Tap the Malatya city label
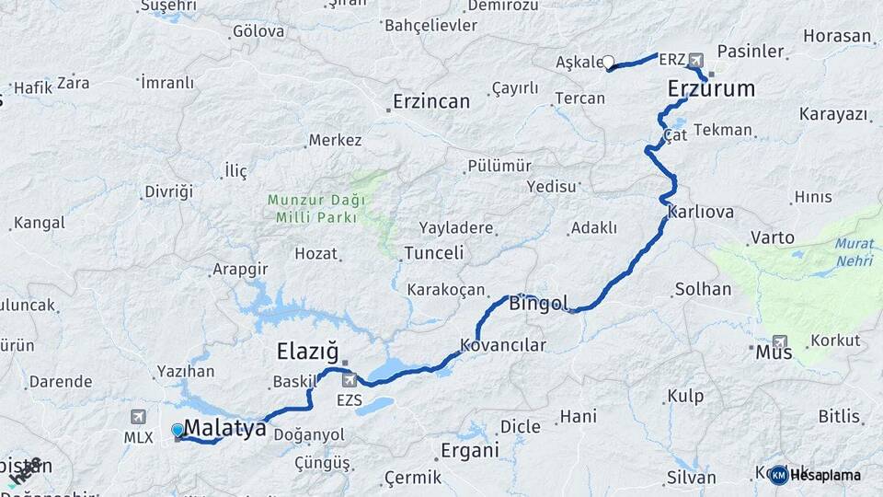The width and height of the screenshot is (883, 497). click(225, 428)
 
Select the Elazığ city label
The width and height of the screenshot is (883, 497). click(308, 352)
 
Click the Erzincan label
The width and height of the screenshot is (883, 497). click(431, 101)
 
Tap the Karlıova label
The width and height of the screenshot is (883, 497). click(701, 212)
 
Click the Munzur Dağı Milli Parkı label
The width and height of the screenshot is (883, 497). click(316, 209)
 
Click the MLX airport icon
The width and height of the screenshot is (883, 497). click(138, 417)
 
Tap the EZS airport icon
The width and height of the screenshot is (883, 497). click(349, 379)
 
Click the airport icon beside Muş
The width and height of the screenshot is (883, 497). click(780, 341)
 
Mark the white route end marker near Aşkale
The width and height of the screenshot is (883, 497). click(608, 63)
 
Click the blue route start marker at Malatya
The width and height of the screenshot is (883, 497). click(177, 430)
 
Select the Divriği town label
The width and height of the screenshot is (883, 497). click(169, 191)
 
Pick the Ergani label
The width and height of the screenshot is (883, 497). click(469, 451)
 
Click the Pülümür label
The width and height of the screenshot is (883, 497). click(500, 166)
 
